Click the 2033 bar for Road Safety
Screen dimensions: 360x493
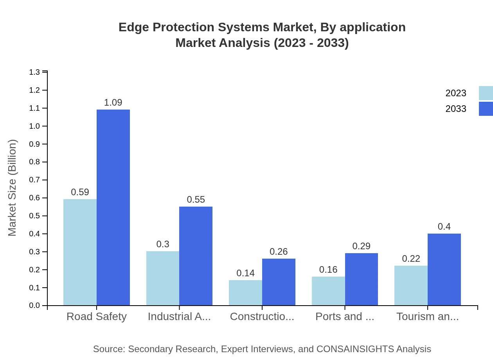point(113,207)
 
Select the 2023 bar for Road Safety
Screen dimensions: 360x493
point(80,252)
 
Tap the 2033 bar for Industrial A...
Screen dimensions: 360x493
point(196,256)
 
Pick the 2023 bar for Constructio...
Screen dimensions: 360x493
point(245,293)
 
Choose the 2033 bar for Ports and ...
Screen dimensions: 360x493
point(361,279)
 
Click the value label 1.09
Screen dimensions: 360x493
point(113,103)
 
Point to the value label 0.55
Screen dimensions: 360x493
point(196,200)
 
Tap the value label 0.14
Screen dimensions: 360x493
point(245,273)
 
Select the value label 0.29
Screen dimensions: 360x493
point(361,246)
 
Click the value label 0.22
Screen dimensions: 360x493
point(411,259)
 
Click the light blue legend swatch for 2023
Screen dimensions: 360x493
point(486,93)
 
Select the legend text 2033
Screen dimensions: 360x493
point(456,109)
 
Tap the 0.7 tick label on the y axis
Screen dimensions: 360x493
point(34,180)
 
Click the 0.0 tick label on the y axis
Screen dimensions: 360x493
point(34,306)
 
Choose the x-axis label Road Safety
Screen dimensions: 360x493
point(97,317)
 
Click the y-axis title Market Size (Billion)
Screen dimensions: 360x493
point(13,188)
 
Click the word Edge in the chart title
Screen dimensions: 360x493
point(133,27)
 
